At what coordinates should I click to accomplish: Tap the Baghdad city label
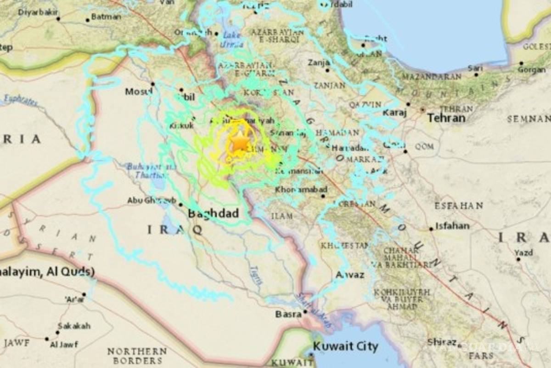[213, 213]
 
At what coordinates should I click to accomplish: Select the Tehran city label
[446, 118]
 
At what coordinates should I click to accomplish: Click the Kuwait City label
[345, 346]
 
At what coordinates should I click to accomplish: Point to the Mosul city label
[139, 92]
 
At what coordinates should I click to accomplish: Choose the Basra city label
[288, 314]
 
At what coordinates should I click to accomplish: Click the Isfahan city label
[452, 226]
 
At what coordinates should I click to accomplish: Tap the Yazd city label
[523, 253]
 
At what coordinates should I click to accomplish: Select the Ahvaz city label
[350, 275]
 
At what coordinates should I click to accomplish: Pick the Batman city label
[106, 17]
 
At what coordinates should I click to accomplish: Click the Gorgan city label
[531, 70]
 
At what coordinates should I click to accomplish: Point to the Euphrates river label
[20, 100]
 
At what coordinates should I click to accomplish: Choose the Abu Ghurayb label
[152, 201]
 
